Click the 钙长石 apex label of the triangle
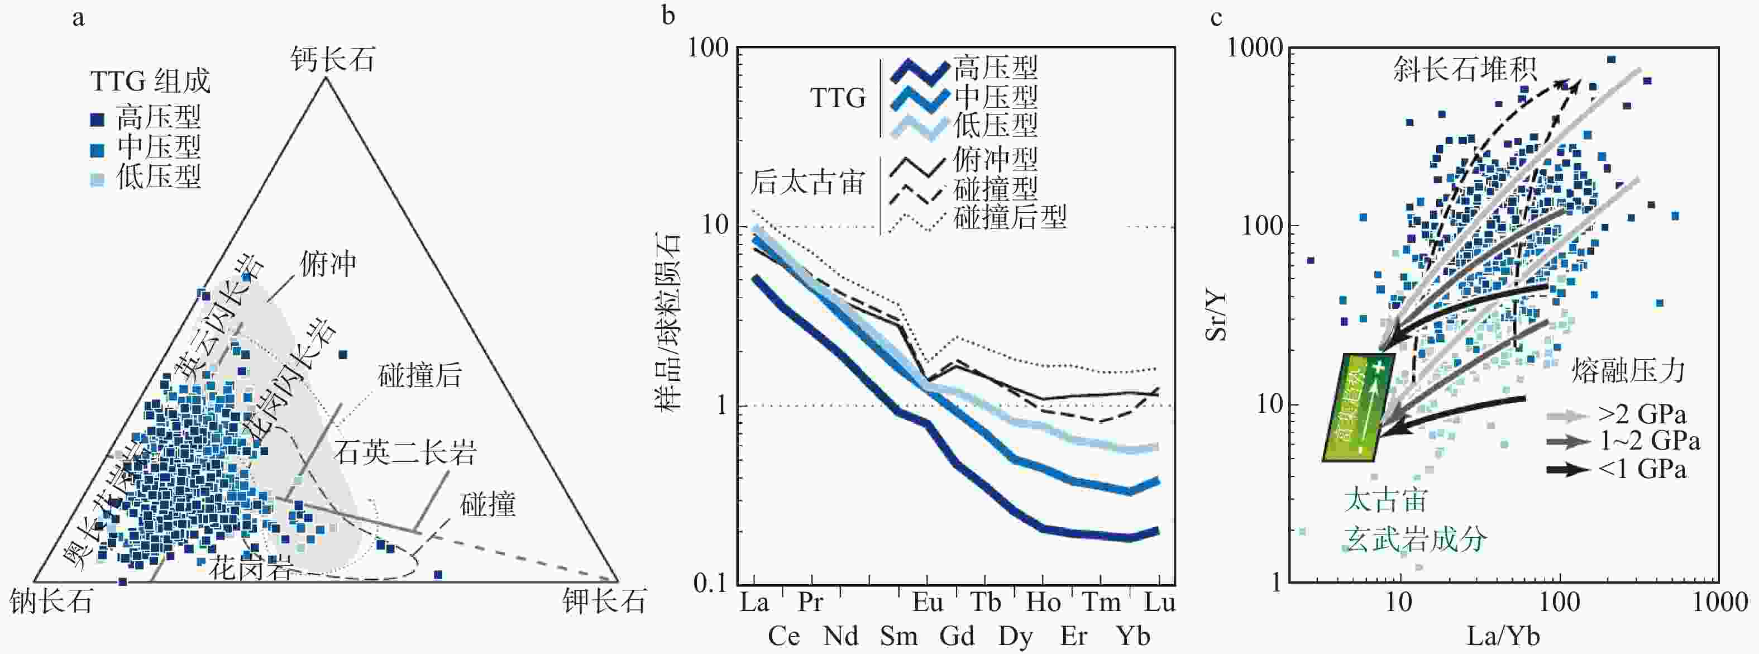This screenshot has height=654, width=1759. coord(333,60)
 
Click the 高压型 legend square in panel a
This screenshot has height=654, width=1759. coord(98,120)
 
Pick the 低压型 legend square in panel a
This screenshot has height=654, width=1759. coord(98,179)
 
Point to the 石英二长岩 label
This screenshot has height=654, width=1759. coord(405,452)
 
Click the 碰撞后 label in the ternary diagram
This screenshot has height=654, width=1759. coord(420,375)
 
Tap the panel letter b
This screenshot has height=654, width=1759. coord(668,16)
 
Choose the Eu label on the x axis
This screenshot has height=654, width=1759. coord(928,603)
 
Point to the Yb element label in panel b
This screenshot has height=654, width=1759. coord(1133,637)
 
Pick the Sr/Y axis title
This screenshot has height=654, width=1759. coord(1216,316)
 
